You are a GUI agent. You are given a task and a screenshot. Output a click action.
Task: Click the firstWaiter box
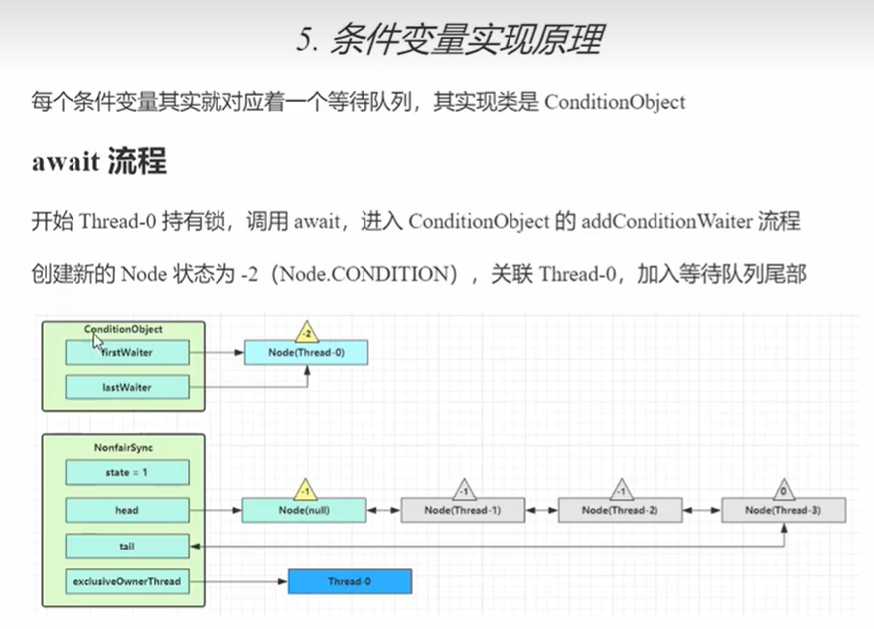tap(126, 352)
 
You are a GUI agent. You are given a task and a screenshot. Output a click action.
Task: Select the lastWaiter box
tap(126, 387)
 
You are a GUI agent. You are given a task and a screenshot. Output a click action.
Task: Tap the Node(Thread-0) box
tap(306, 352)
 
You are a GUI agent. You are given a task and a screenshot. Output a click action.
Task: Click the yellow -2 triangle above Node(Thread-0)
tap(306, 330)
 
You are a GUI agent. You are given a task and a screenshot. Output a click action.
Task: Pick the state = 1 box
tap(126, 473)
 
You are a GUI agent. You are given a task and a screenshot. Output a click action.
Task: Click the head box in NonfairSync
tap(126, 510)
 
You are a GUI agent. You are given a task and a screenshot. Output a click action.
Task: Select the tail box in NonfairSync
tap(126, 546)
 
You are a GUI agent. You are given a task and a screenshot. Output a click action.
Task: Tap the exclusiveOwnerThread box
tap(126, 581)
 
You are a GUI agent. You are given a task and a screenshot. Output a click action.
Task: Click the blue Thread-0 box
tap(349, 581)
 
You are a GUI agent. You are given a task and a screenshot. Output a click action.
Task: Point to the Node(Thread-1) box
tap(462, 510)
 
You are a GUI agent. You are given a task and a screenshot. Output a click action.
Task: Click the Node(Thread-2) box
tap(621, 510)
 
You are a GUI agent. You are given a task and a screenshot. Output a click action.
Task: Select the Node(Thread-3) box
tap(784, 510)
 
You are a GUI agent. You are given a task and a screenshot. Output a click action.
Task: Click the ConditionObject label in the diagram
tap(123, 328)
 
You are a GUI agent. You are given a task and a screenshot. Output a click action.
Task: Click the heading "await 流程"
tap(98, 161)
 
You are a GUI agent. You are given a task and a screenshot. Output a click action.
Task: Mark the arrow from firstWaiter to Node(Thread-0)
tap(216, 352)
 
